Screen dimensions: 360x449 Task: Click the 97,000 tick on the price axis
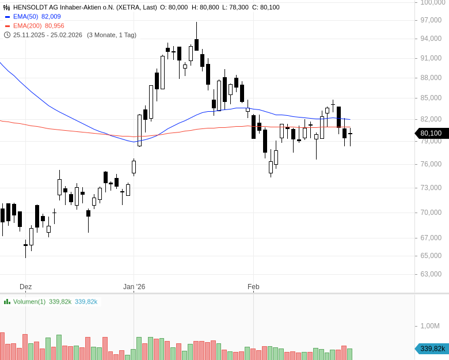[x=431, y=20]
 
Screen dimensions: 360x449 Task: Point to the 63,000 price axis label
[x=431, y=274]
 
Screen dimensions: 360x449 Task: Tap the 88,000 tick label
[x=431, y=78]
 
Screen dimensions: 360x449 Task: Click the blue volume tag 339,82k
[x=431, y=348]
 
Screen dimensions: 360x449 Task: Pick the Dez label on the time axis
[x=25, y=286]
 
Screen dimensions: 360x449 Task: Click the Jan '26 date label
[x=134, y=286]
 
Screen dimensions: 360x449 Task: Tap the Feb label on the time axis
[x=253, y=286]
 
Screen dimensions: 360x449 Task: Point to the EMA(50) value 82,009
[x=51, y=17]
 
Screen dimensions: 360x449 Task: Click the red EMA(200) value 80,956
[x=54, y=26]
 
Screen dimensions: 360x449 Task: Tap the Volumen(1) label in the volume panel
[x=29, y=301]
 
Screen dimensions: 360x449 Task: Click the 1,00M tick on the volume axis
[x=429, y=326]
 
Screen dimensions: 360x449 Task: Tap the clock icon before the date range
[x=7, y=35]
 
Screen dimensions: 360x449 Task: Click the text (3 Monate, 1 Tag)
[x=112, y=35]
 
